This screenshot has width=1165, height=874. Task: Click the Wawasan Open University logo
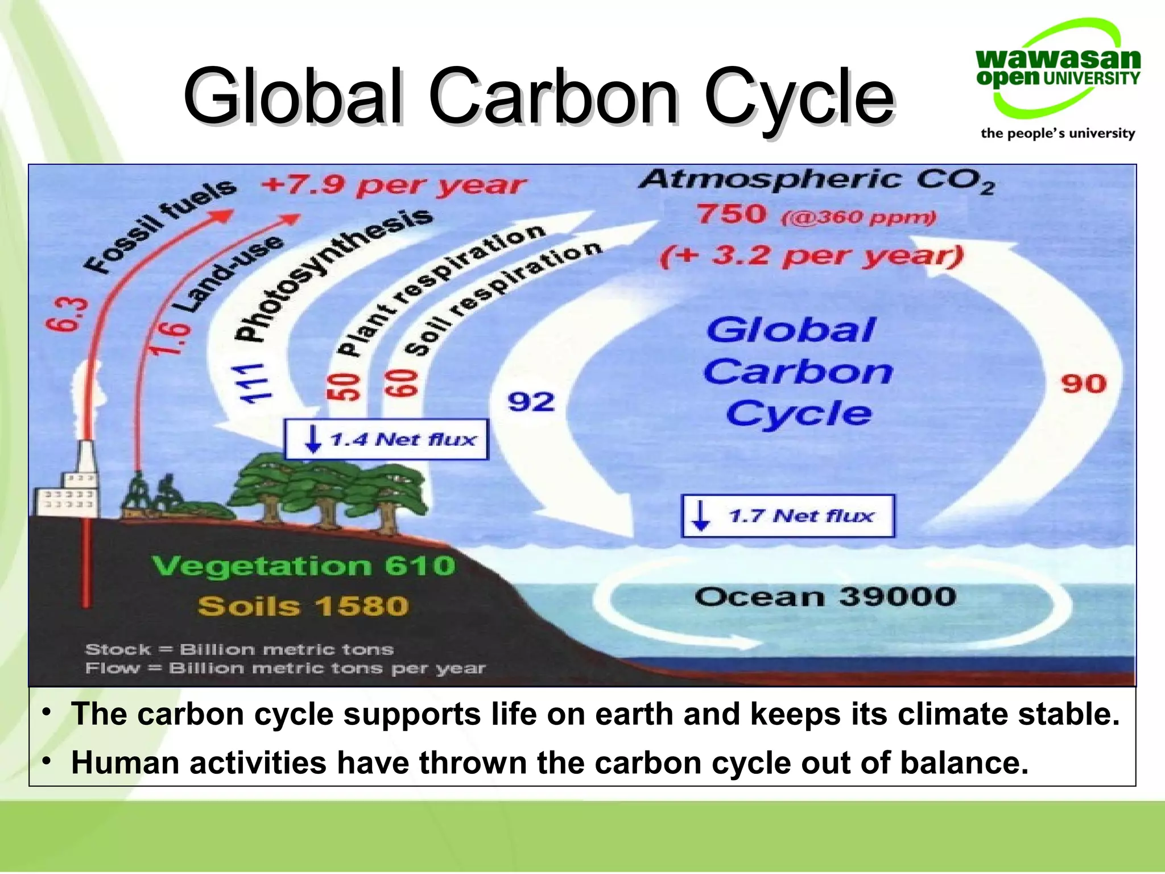pos(1057,80)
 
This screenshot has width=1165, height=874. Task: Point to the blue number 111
pos(254,382)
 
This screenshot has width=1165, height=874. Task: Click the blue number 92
pos(531,402)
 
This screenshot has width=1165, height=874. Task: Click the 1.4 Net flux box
pos(386,439)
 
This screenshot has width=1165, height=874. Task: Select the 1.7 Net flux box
pos(788,516)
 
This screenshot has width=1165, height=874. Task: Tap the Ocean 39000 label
pos(825,597)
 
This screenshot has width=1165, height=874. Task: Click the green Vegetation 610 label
pos(304,566)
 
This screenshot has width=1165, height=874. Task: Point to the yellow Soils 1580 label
pos(303,606)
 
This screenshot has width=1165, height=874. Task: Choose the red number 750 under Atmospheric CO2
pos(732,215)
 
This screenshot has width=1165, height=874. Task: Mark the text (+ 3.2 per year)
pos(811,255)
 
